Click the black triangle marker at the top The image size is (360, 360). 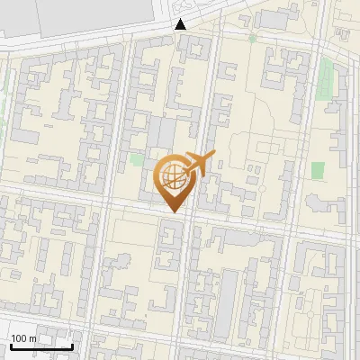point(181,24)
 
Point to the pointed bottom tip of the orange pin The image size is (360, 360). point(173,212)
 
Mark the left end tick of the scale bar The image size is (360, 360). point(11,346)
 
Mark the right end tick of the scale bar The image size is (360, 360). point(72,346)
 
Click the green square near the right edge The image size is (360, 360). point(318,169)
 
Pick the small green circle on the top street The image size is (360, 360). point(253,38)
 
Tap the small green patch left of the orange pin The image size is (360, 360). point(136,159)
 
